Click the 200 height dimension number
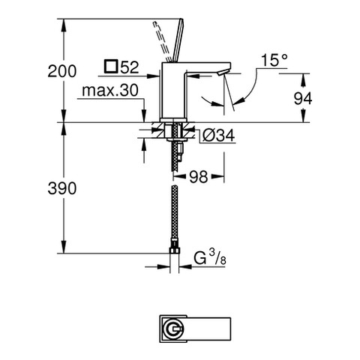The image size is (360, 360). click(x=61, y=71)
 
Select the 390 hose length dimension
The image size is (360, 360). click(x=61, y=188)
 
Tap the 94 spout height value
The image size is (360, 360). click(x=303, y=98)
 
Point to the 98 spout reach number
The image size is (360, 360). click(x=199, y=177)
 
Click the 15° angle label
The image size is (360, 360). click(x=274, y=60)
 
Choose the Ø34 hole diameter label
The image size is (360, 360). click(x=219, y=136)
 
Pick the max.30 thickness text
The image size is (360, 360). click(x=110, y=90)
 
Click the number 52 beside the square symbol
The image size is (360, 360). click(x=130, y=67)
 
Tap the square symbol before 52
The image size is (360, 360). click(x=111, y=67)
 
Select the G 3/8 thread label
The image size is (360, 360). click(x=210, y=258)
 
